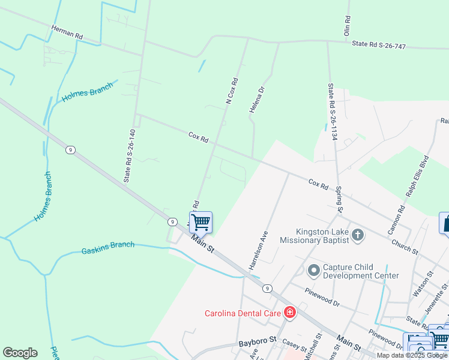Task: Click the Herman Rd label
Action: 66,32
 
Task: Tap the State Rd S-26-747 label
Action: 379,44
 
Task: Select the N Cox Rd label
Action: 232,91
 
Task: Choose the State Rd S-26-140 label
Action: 130,155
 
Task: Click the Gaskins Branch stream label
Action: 107,248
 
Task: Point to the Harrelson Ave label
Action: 257,249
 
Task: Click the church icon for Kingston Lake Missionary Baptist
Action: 358,235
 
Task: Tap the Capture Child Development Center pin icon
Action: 313,271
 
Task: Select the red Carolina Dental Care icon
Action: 290,313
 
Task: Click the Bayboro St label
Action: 256,340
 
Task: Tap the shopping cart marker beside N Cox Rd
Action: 200,222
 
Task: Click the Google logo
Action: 20,353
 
